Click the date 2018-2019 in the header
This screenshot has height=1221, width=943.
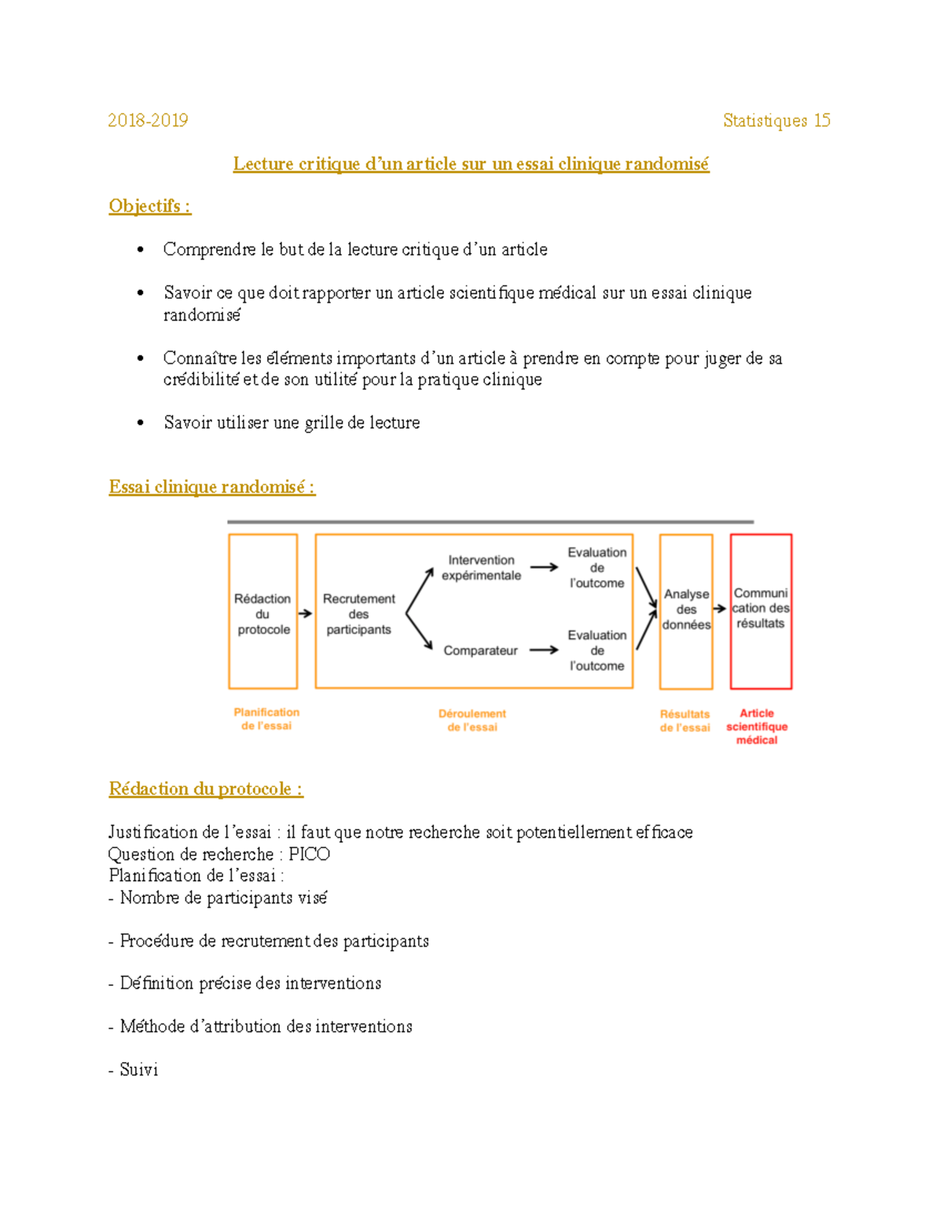[148, 120]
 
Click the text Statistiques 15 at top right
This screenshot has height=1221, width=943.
[776, 120]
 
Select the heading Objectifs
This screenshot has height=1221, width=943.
[149, 206]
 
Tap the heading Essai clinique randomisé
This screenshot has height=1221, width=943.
[211, 487]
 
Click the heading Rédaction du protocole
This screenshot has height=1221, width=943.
[205, 789]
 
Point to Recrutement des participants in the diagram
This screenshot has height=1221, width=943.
[358, 614]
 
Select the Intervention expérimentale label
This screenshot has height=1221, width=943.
[481, 568]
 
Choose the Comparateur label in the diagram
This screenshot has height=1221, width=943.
[480, 650]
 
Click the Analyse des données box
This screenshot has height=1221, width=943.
[686, 610]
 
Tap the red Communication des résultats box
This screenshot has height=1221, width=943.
[761, 609]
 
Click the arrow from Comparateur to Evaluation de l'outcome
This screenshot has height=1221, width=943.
[544, 650]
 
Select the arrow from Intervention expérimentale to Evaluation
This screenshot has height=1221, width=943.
[544, 567]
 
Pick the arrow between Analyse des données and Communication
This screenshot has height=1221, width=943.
[720, 609]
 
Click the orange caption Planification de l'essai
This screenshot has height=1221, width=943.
[266, 719]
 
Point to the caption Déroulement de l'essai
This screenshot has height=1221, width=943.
[472, 720]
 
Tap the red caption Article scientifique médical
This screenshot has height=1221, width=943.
[757, 726]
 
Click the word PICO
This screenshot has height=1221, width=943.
[309, 854]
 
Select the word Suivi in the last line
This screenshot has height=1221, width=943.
[138, 1069]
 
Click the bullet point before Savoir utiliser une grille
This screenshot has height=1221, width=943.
[141, 423]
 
